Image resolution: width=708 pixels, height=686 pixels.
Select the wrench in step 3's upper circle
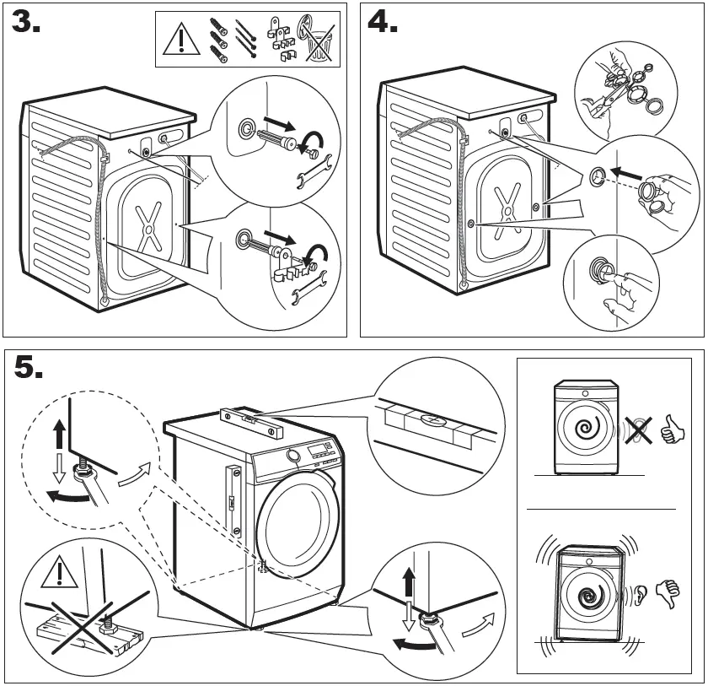[308, 176]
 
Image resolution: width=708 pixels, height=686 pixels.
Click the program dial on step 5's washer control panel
[293, 456]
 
